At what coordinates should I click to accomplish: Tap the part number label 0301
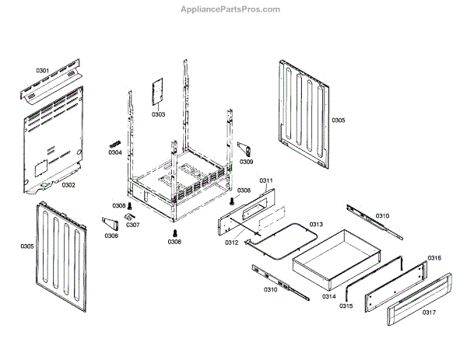(42, 71)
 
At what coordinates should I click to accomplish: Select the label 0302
(68, 185)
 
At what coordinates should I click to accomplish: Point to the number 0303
(158, 114)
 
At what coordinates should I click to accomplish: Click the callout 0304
(115, 152)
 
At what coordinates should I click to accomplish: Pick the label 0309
(246, 162)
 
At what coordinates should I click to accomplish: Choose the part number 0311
(265, 180)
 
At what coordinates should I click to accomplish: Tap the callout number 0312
(233, 243)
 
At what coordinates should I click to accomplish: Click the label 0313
(316, 224)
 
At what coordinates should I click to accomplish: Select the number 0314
(329, 295)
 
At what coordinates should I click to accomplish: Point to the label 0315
(346, 306)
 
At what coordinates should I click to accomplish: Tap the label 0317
(429, 313)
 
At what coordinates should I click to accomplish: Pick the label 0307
(133, 225)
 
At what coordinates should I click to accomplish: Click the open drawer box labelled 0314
(335, 257)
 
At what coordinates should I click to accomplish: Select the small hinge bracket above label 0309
(244, 149)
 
